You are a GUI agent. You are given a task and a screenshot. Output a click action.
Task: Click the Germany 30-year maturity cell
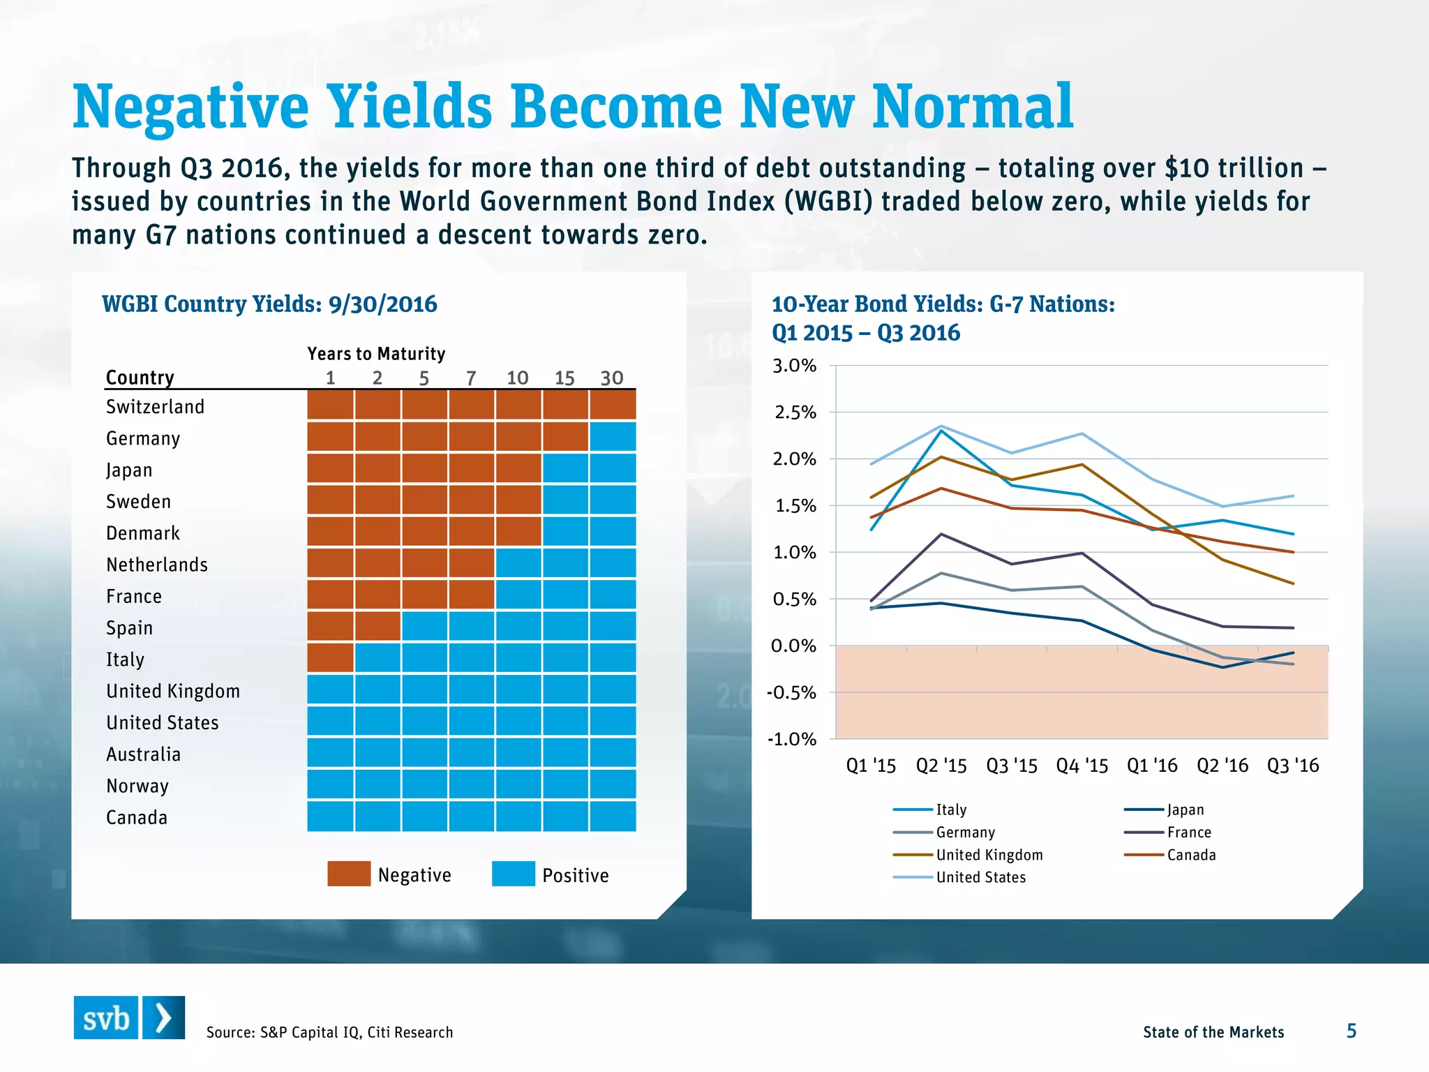click(x=613, y=437)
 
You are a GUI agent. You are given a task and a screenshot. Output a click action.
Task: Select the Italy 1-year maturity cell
click(x=330, y=657)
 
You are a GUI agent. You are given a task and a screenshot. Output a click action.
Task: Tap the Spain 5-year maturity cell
click(x=424, y=626)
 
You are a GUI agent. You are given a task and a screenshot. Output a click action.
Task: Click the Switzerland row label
click(x=155, y=407)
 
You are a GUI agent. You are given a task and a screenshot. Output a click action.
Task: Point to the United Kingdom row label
click(x=173, y=691)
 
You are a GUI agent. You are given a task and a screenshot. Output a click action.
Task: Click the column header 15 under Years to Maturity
click(x=564, y=378)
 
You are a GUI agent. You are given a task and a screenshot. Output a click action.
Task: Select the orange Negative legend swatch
click(x=349, y=874)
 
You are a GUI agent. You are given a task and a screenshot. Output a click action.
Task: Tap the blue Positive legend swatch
click(x=513, y=874)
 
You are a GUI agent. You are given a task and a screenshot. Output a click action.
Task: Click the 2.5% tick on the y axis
click(x=795, y=412)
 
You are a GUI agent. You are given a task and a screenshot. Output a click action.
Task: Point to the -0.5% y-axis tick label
click(x=791, y=693)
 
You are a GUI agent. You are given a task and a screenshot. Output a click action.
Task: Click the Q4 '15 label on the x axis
click(x=1082, y=766)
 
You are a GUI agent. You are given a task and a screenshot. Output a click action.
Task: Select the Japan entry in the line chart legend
click(x=1185, y=810)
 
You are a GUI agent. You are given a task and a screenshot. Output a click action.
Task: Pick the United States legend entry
click(x=980, y=877)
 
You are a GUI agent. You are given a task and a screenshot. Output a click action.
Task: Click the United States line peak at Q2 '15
click(x=941, y=426)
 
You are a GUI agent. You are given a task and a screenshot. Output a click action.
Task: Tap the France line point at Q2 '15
click(x=941, y=535)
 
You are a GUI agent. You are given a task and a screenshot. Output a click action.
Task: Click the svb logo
click(x=129, y=1018)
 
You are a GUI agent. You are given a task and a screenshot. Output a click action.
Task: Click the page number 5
click(x=1351, y=1031)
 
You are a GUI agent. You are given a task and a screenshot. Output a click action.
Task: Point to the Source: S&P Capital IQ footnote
click(x=329, y=1032)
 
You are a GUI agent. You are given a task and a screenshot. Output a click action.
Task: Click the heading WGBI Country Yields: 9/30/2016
click(x=269, y=304)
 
